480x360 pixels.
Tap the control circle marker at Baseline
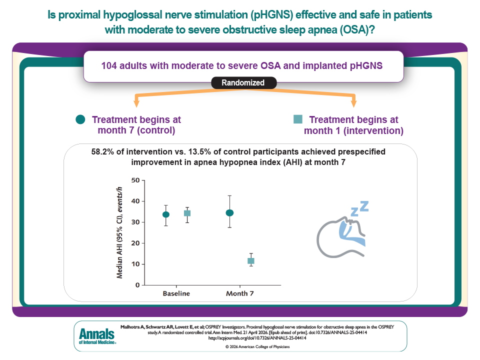[x=166, y=214]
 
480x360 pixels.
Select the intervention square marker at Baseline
[x=187, y=213]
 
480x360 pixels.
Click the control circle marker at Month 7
[x=229, y=212]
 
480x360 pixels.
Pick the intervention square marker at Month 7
[x=251, y=261]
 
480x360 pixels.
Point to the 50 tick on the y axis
[x=134, y=180]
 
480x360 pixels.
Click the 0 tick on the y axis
[x=136, y=285]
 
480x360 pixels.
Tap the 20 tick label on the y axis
[x=134, y=243]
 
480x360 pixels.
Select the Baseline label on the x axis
[x=176, y=293]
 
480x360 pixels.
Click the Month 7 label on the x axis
[x=240, y=293]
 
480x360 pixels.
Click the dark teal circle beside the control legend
[x=80, y=119]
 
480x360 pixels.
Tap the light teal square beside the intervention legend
[x=298, y=119]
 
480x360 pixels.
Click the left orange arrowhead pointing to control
[x=136, y=103]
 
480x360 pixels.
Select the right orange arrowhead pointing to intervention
[x=353, y=103]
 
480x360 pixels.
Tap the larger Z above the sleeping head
[x=364, y=205]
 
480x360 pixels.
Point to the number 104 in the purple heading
[x=110, y=65]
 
